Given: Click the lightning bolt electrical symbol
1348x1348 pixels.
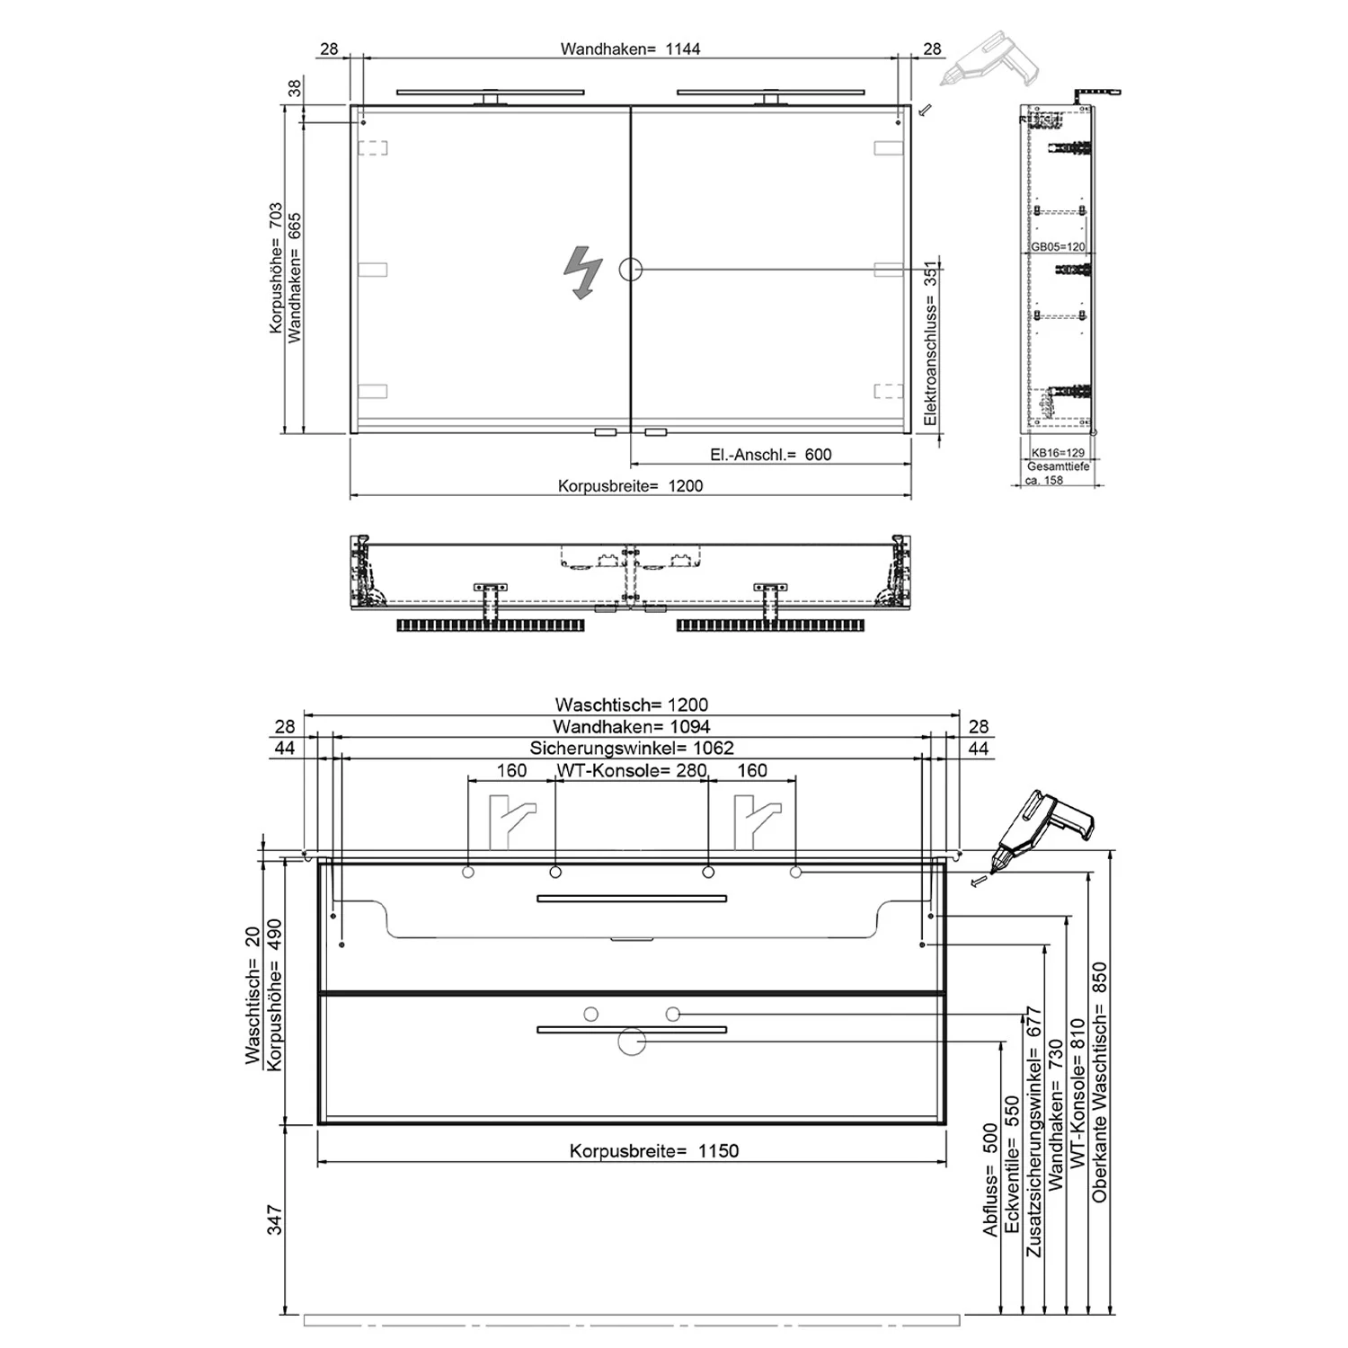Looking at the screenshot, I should pos(582,272).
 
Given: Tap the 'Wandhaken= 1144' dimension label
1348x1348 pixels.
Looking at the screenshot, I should pos(630,49).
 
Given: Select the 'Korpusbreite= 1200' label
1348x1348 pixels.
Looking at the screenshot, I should pos(630,486).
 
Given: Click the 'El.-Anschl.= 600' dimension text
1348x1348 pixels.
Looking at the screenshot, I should pos(770,455).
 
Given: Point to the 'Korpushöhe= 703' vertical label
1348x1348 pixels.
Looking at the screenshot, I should pos(276,268).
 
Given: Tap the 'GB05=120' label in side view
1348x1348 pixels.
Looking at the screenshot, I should pos(1058,246).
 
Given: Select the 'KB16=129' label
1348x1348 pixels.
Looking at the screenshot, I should pos(1058,453).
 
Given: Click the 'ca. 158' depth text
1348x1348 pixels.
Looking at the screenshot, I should pos(1043,480).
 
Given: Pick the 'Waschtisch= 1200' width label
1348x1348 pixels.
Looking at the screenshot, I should pos(631,705).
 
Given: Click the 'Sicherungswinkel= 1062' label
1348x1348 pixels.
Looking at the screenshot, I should pos(631,748).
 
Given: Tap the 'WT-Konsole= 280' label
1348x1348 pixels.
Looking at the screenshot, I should pos(632,770).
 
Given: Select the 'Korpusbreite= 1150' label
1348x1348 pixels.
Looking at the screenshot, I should pos(653,1151).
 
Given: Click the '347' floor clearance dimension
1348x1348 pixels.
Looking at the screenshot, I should pos(275,1219).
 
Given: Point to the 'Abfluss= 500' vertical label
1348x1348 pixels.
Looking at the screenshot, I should pos(990,1180).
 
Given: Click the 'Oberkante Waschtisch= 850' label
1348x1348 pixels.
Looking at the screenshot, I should pos(1100,1083).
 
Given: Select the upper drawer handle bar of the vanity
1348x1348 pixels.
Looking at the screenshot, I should pos(631,898).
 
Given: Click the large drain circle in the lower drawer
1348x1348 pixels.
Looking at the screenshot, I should pos(632,1042).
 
